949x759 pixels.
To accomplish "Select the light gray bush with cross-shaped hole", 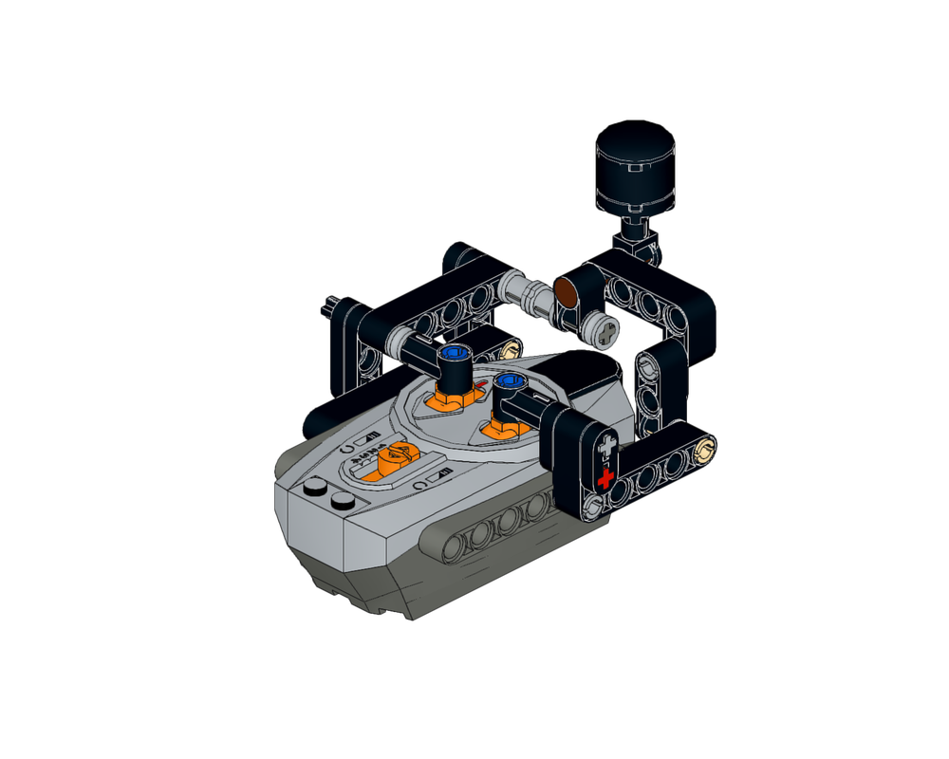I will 602,329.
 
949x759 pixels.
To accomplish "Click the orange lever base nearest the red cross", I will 503,429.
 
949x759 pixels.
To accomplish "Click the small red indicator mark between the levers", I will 482,385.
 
